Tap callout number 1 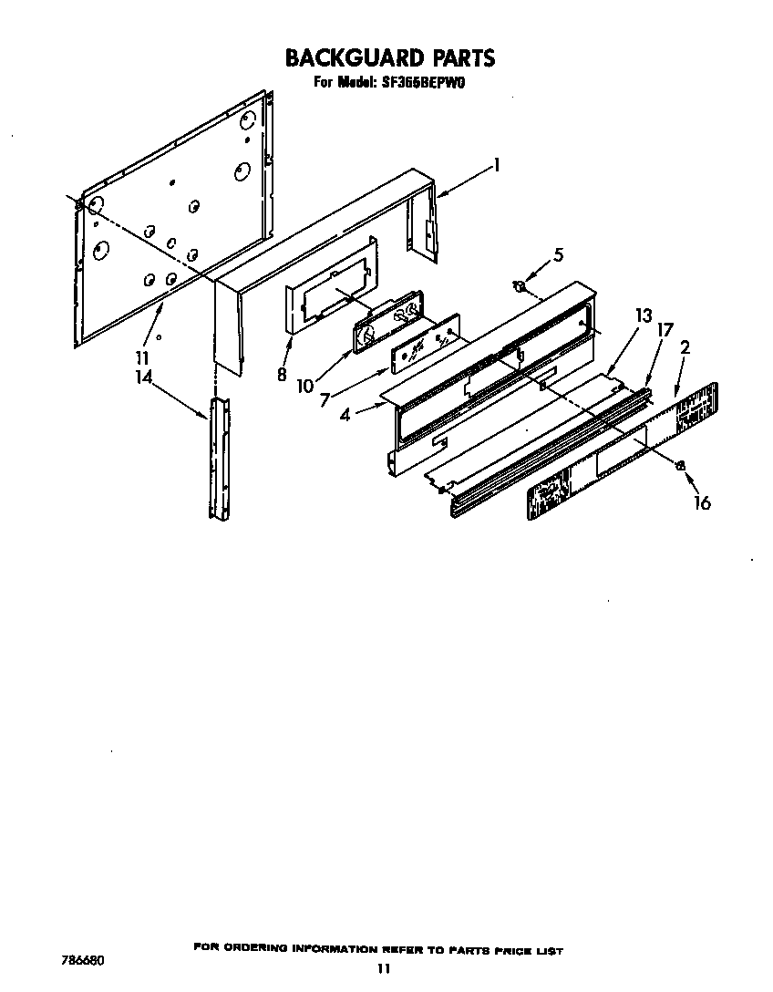497,164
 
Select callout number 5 559,254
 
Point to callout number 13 644,316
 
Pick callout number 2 684,346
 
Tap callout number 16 702,501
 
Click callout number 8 281,373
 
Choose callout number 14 143,375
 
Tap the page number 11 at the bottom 384,969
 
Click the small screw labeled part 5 519,287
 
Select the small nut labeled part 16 680,466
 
